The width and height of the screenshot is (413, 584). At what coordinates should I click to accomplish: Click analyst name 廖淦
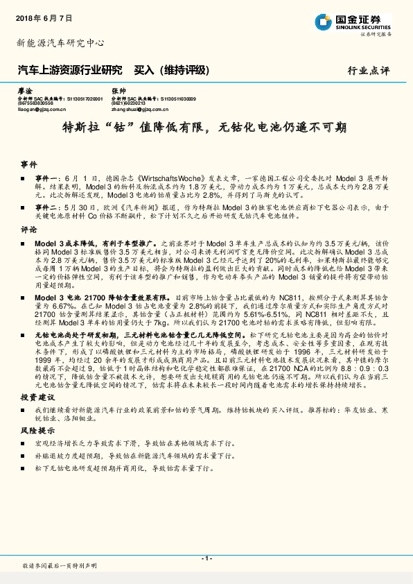pos(24,92)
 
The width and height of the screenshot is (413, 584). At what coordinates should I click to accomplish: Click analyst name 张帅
pos(118,92)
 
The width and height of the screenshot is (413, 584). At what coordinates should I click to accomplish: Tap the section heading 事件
pos(28,165)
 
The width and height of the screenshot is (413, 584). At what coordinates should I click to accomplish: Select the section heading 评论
pos(28,228)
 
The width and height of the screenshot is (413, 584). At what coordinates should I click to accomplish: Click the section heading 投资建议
pos(33,397)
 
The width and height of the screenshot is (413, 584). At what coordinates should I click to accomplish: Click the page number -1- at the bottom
pos(206,558)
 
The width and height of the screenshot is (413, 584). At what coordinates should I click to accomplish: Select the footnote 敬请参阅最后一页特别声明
pos(60,567)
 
